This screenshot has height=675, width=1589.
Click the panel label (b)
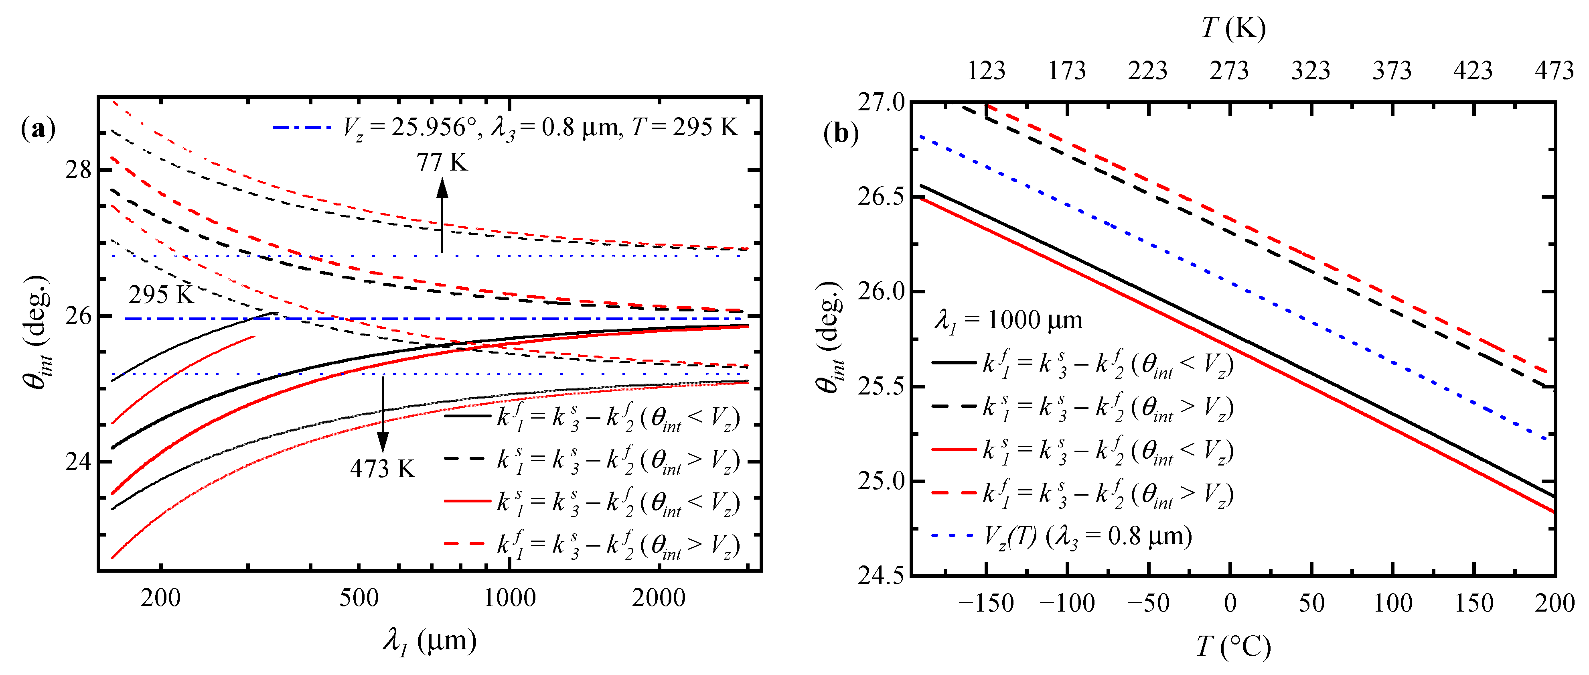[841, 133]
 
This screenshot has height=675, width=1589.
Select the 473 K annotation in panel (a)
[383, 469]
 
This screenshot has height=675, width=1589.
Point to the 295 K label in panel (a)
[161, 295]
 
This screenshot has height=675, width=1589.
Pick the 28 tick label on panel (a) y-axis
[78, 170]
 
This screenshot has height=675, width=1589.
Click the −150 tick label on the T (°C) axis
[986, 603]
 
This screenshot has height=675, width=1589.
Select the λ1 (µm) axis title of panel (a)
[429, 642]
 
